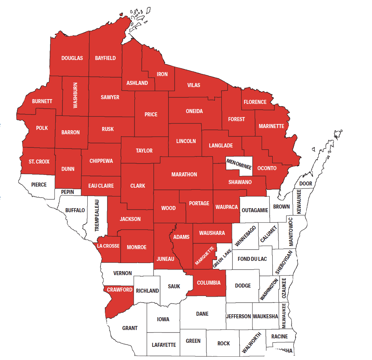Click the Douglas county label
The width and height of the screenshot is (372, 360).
[72, 58]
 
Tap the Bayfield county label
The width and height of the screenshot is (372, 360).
[105, 58]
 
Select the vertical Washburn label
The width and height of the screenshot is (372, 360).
[75, 95]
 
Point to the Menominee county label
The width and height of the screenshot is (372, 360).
[239, 164]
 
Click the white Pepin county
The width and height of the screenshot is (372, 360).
[68, 192]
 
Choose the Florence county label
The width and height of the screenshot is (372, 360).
[255, 102]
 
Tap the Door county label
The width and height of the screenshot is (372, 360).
[305, 184]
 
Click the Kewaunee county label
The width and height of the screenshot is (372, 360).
[299, 202]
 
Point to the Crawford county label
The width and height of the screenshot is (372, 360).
[120, 290]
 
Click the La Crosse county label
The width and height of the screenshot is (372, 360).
[108, 246]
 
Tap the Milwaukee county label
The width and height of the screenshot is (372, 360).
[284, 315]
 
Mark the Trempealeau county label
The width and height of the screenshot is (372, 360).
[97, 215]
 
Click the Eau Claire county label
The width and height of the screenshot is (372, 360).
[101, 186]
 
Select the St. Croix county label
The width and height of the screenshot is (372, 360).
[39, 161]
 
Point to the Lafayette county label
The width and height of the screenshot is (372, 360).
[164, 345]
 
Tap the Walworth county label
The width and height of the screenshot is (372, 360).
[252, 343]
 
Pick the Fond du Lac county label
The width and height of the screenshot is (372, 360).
[252, 259]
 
